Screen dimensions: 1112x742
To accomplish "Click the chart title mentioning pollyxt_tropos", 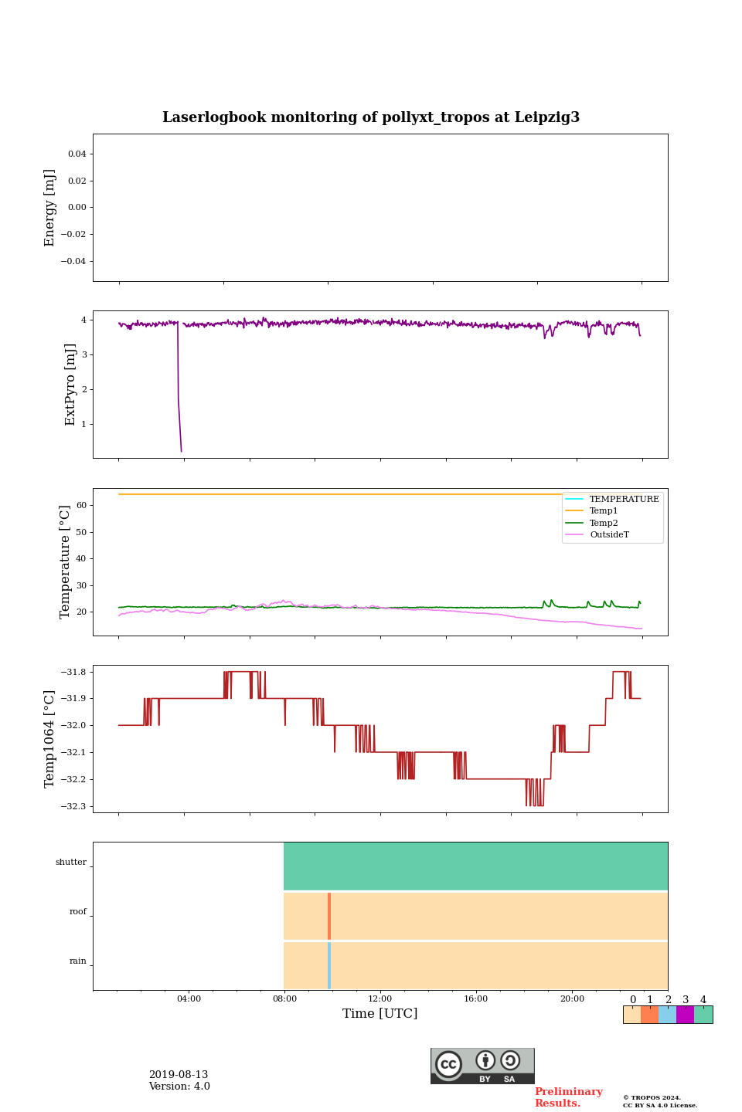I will pyautogui.click(x=371, y=117).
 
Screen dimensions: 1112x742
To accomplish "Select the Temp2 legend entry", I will pyautogui.click(x=604, y=523).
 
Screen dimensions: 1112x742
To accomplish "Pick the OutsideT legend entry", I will pyautogui.click(x=609, y=534).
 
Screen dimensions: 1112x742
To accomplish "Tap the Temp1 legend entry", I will pyautogui.click(x=604, y=510).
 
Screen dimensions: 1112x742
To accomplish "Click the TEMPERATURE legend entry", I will pyautogui.click(x=624, y=499).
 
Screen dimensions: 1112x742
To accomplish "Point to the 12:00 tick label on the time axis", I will pyautogui.click(x=380, y=998).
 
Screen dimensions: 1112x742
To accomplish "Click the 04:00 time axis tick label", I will pyautogui.click(x=189, y=998).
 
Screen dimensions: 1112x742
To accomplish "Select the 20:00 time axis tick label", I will pyautogui.click(x=572, y=998).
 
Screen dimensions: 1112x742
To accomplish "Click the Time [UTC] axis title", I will pyautogui.click(x=380, y=1013).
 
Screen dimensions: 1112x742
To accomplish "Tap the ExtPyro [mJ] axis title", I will pyautogui.click(x=70, y=385).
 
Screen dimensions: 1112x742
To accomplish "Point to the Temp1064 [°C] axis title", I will pyautogui.click(x=50, y=739).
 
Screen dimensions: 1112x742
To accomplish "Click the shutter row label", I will pyautogui.click(x=71, y=862).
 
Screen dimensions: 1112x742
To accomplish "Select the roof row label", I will pyautogui.click(x=78, y=911).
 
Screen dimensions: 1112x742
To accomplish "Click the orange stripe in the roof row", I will pyautogui.click(x=329, y=916).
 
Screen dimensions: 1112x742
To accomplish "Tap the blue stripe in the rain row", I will pyautogui.click(x=329, y=965).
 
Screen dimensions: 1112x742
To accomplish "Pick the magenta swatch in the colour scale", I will pyautogui.click(x=685, y=1015).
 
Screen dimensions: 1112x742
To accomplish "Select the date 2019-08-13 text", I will pyautogui.click(x=179, y=1075).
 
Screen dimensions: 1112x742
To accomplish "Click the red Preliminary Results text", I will pyautogui.click(x=568, y=1097).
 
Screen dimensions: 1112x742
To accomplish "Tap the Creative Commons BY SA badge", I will pyautogui.click(x=482, y=1066).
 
